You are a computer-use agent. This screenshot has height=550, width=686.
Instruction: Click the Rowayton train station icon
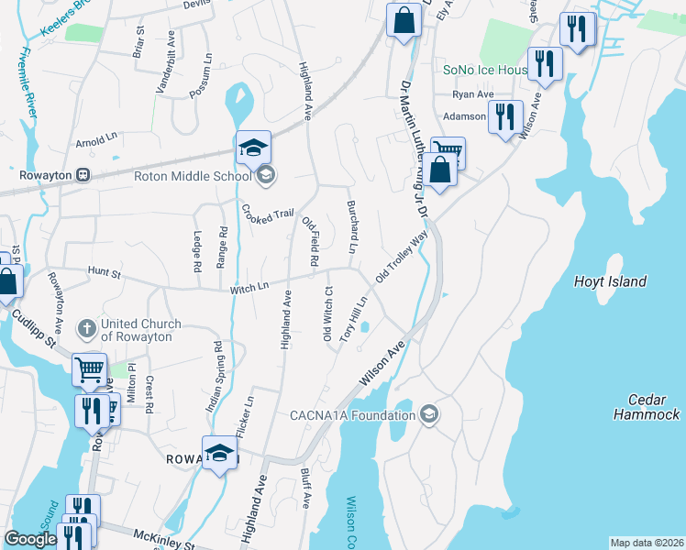click(x=83, y=174)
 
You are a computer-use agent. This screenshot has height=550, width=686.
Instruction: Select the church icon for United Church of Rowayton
click(x=86, y=329)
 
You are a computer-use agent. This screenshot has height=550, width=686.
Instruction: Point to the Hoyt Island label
click(x=610, y=281)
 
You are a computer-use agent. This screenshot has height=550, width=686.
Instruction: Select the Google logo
click(x=31, y=540)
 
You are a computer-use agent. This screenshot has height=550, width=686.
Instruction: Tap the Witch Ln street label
click(x=249, y=288)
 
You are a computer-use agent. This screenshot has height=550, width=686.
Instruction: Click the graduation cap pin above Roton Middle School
click(x=254, y=147)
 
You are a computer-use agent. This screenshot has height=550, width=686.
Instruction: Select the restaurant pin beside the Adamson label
click(x=503, y=116)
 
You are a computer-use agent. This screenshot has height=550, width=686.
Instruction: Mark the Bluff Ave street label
click(x=305, y=487)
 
